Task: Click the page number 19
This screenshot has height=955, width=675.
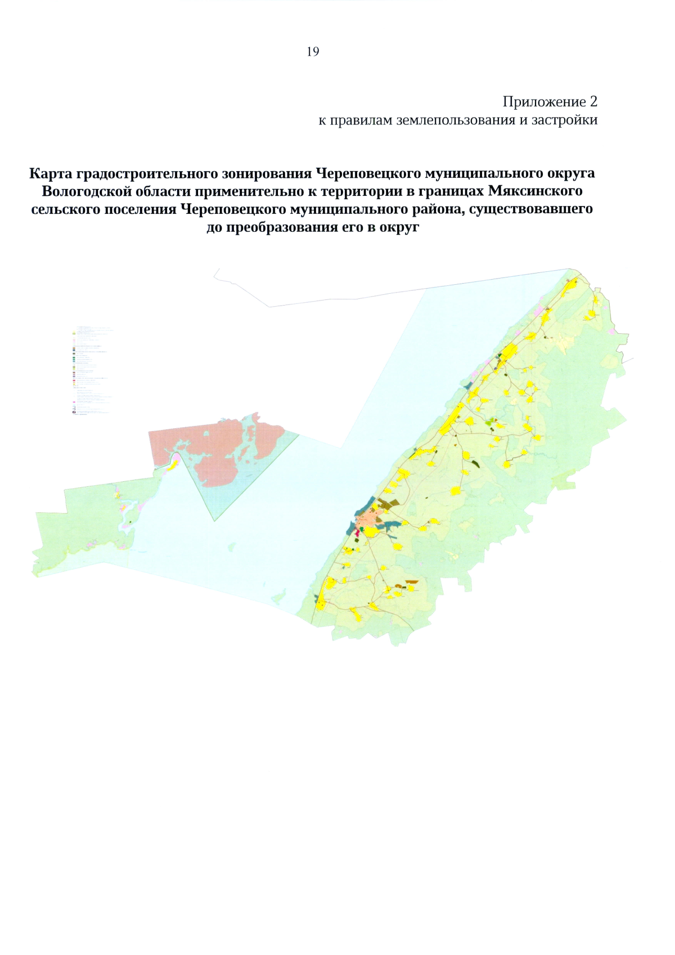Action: point(313,52)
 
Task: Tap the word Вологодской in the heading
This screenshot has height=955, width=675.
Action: point(87,191)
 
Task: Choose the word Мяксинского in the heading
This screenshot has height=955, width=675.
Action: point(535,191)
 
